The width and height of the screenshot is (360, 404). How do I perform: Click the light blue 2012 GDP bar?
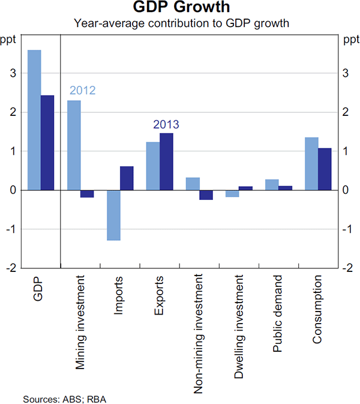pos(34,120)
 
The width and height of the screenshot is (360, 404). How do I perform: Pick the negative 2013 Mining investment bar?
pos(87,194)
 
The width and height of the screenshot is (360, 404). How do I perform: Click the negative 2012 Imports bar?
pos(113,215)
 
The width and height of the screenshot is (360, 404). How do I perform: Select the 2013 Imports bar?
pos(127,178)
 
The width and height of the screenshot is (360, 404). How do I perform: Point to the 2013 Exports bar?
pos(166,161)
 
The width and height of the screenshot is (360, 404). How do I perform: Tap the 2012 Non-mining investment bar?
pos(193,184)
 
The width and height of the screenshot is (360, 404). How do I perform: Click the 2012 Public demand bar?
pos(272,185)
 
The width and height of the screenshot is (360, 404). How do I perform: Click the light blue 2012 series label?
pos(83,91)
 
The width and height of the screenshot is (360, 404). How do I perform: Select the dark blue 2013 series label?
pos(166,124)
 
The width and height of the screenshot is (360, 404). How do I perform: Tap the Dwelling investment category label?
pos(239,327)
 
